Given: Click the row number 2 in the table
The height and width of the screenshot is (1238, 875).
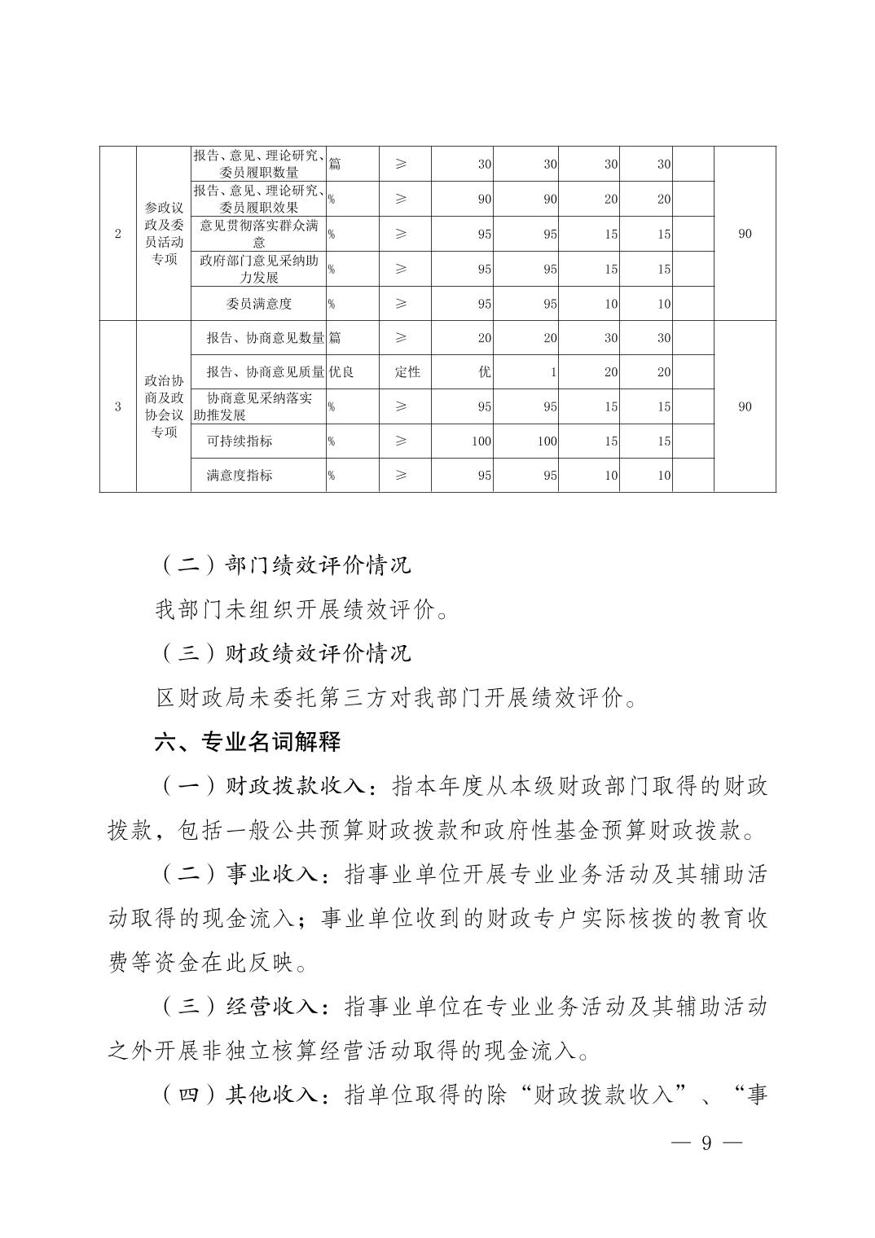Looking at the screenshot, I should tap(118, 234).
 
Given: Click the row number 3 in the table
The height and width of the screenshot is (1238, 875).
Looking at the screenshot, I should tap(118, 406).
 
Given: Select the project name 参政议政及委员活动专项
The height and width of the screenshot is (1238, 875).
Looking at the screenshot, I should tap(164, 234).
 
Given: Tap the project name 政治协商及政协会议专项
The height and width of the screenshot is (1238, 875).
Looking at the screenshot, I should tap(164, 406).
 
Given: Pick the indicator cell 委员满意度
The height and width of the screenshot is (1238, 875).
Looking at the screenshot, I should tap(258, 304).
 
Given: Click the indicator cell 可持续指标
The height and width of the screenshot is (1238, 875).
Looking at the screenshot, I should tap(240, 441).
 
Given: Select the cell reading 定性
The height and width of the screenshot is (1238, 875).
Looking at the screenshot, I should tap(407, 372).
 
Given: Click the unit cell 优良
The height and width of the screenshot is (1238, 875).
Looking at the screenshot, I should tap(341, 372).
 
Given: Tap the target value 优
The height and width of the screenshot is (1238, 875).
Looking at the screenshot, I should tap(485, 372).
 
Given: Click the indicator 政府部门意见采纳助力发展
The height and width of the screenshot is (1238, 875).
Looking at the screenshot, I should tap(258, 269).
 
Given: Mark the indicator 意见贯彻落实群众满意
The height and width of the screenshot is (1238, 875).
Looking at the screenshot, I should tap(258, 234).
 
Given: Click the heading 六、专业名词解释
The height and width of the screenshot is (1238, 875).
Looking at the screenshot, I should tap(247, 742).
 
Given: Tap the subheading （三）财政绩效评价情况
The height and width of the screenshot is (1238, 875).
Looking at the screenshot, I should tap(284, 653).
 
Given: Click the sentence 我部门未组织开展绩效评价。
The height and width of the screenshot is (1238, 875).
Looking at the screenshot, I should tap(301, 609).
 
